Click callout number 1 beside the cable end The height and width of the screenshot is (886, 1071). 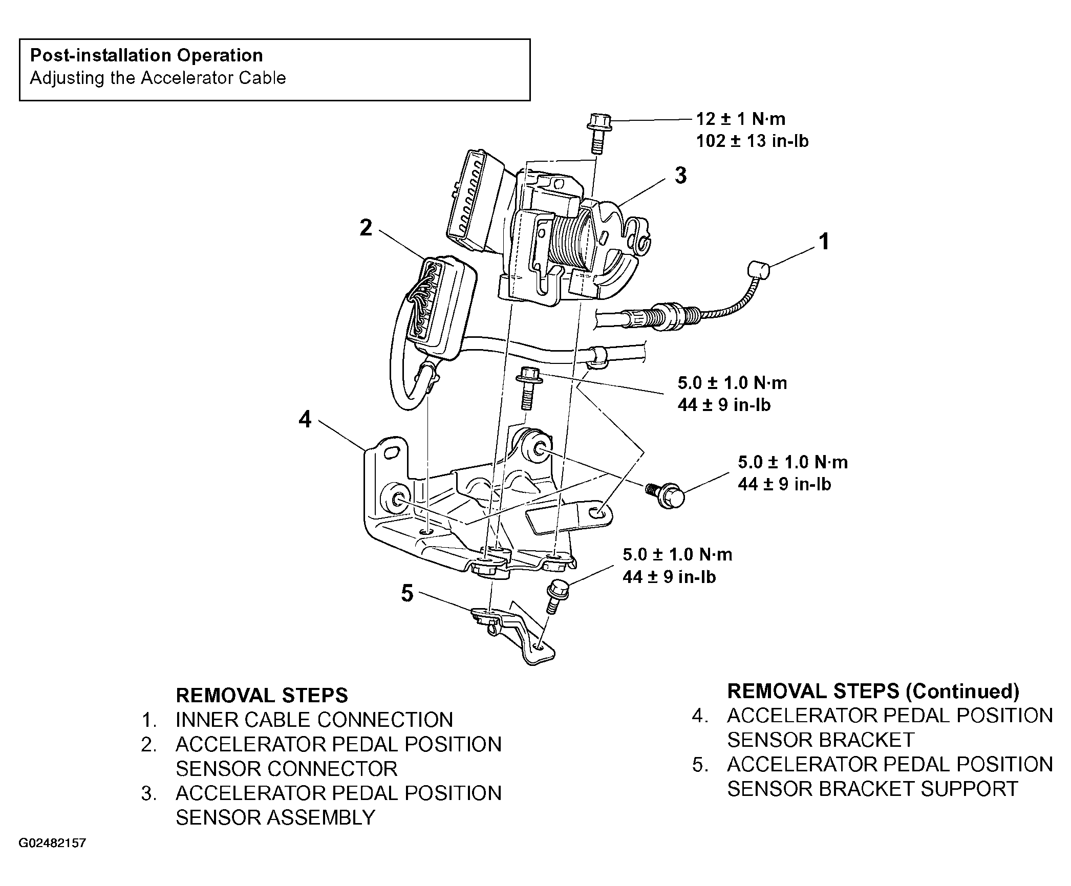click(824, 241)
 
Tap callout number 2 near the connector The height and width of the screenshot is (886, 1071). click(366, 228)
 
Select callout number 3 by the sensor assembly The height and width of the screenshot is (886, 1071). click(680, 176)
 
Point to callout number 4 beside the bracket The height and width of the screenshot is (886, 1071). click(305, 420)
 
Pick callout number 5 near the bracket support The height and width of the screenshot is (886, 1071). click(407, 594)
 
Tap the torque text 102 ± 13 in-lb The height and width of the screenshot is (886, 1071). click(752, 141)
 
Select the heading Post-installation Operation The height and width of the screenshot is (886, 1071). click(146, 55)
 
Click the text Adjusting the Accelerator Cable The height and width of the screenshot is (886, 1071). click(158, 78)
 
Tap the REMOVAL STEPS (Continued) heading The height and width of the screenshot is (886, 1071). click(873, 691)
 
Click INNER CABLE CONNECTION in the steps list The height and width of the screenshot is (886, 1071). click(314, 720)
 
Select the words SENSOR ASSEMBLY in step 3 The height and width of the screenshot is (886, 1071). click(275, 817)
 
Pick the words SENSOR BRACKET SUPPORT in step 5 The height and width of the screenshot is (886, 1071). click(872, 789)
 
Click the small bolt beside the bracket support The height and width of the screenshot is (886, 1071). click(555, 595)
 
